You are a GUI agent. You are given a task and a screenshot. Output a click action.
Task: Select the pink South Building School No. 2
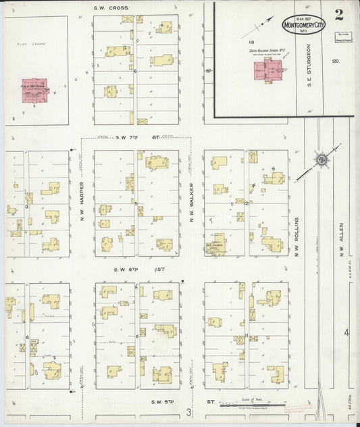coord(269,70)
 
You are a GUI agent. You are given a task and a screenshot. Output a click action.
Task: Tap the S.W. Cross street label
coord(112,7)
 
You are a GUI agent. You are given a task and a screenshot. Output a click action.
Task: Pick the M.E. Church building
coord(215,247)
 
